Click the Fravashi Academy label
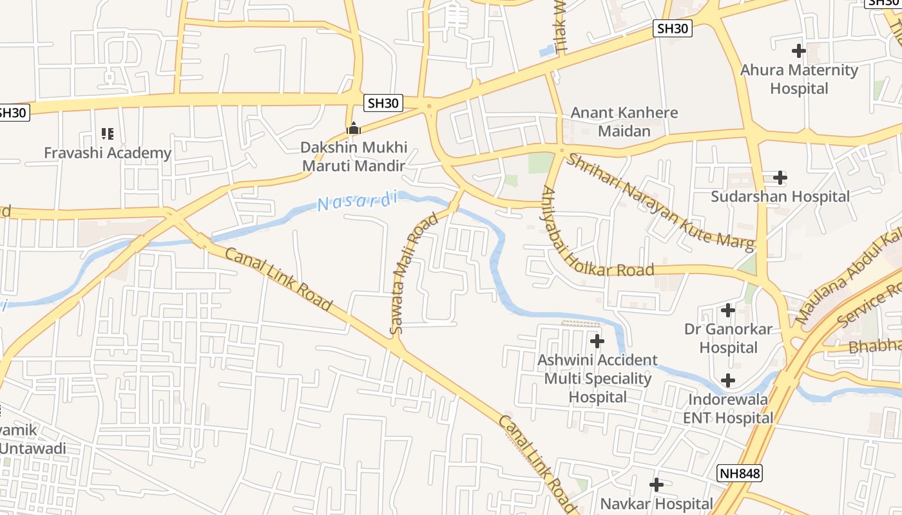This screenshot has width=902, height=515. pos(108,153)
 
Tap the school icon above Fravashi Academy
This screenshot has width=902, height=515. pos(108,134)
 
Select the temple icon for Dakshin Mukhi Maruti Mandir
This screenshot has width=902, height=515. pos(353,129)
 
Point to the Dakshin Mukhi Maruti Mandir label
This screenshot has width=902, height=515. pos(354,156)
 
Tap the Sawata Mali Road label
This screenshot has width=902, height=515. pos(414,273)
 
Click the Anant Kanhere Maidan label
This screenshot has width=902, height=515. pos(624,122)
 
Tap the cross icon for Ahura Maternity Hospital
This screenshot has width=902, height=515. pos(799,50)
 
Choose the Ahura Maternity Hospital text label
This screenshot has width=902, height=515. pos(799,79)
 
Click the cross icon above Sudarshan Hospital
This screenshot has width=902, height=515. pos(780,177)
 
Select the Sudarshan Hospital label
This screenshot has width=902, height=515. pos(780,196)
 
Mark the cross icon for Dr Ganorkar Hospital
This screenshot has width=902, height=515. pos(728,310)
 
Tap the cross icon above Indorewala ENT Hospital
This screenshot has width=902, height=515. pos(728,380)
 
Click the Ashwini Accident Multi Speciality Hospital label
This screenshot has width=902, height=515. pos(598,379)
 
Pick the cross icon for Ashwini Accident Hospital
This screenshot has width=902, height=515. pos(597,341)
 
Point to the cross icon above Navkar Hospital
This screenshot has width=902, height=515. pos(657,484)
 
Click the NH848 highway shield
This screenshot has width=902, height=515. pos(740,474)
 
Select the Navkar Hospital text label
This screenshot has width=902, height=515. pos(657,503)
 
